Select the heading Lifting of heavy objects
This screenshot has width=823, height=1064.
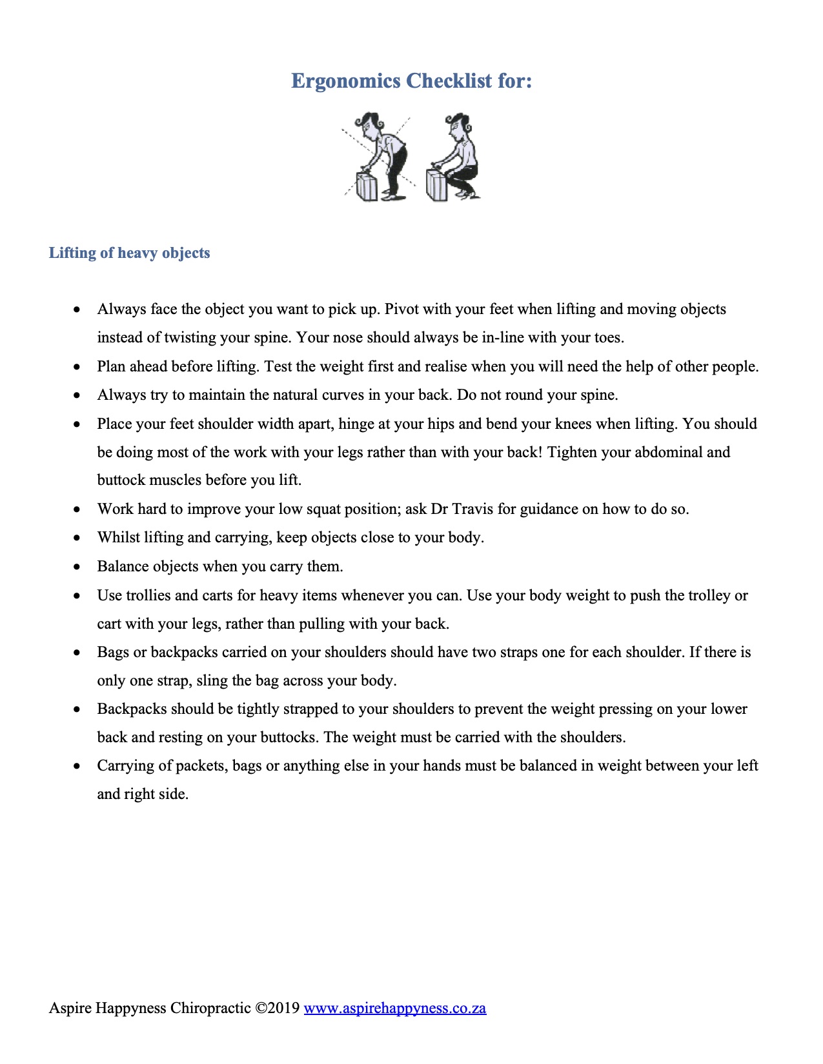(129, 253)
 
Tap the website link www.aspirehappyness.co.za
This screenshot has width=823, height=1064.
(394, 1008)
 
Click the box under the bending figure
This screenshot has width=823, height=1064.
(367, 186)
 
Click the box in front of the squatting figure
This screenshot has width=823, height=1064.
(437, 185)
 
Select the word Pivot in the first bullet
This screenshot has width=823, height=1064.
(401, 309)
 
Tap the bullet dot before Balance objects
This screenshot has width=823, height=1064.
(77, 567)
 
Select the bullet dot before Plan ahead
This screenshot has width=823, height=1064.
(77, 367)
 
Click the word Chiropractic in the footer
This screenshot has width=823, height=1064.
(210, 1008)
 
